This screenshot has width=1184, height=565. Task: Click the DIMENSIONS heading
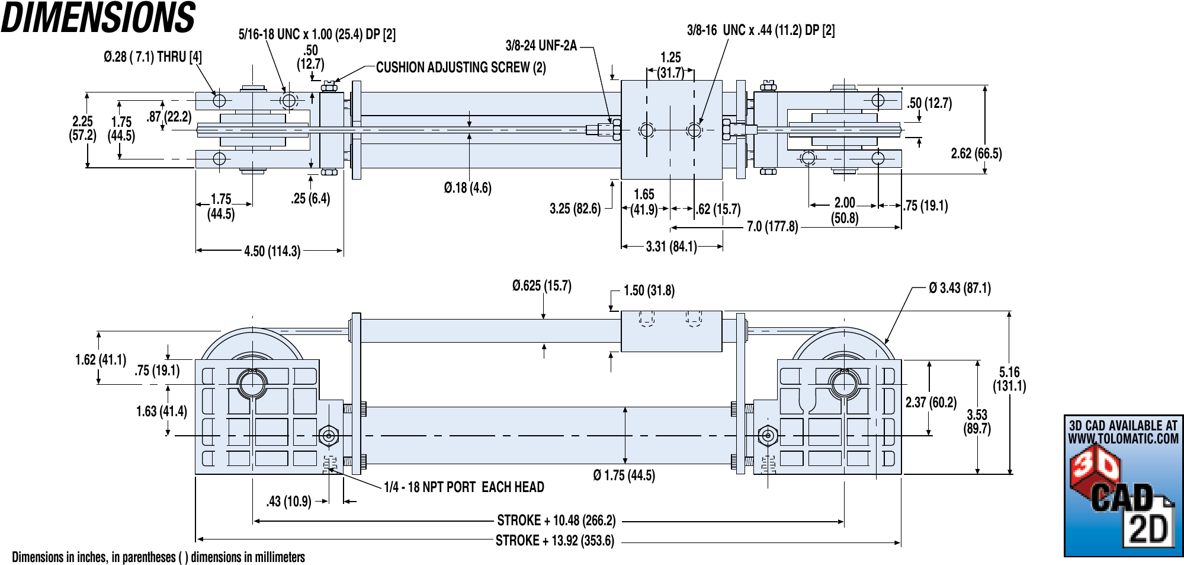(98, 17)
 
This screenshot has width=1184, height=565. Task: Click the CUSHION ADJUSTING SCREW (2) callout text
(461, 68)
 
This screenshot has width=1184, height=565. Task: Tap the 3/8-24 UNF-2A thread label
(541, 46)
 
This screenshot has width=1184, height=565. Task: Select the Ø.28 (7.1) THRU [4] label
(153, 57)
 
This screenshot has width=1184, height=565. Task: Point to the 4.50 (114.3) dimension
(272, 251)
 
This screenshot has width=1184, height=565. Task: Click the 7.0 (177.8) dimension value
(772, 226)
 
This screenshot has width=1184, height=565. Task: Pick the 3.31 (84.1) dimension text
(671, 247)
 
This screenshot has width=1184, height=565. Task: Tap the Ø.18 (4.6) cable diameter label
(468, 188)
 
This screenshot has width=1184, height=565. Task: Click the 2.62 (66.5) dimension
(977, 154)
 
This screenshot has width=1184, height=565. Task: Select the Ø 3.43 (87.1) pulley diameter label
(960, 288)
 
